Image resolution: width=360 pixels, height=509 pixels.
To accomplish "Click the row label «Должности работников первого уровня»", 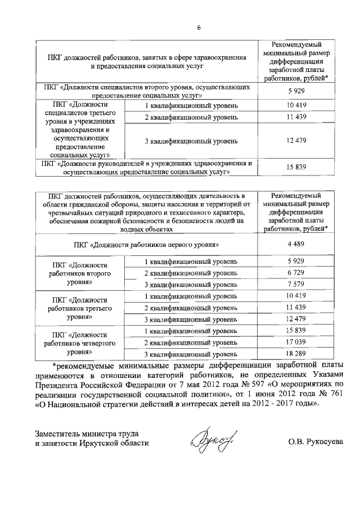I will [146, 244].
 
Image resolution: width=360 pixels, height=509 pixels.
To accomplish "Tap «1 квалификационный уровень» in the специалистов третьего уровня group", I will [191, 106].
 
